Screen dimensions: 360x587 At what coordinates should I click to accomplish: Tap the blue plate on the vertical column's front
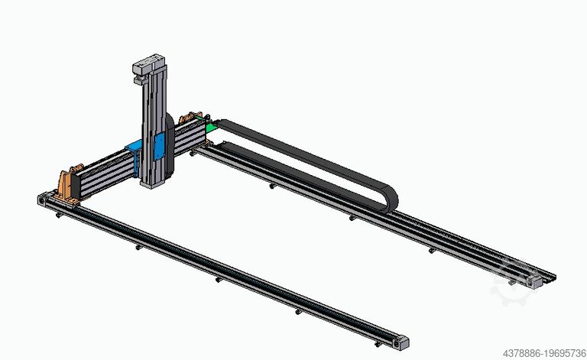point(159,147)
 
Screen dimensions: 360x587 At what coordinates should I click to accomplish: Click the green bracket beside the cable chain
point(205,127)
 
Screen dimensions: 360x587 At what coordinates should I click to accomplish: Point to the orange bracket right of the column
point(186,120)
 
